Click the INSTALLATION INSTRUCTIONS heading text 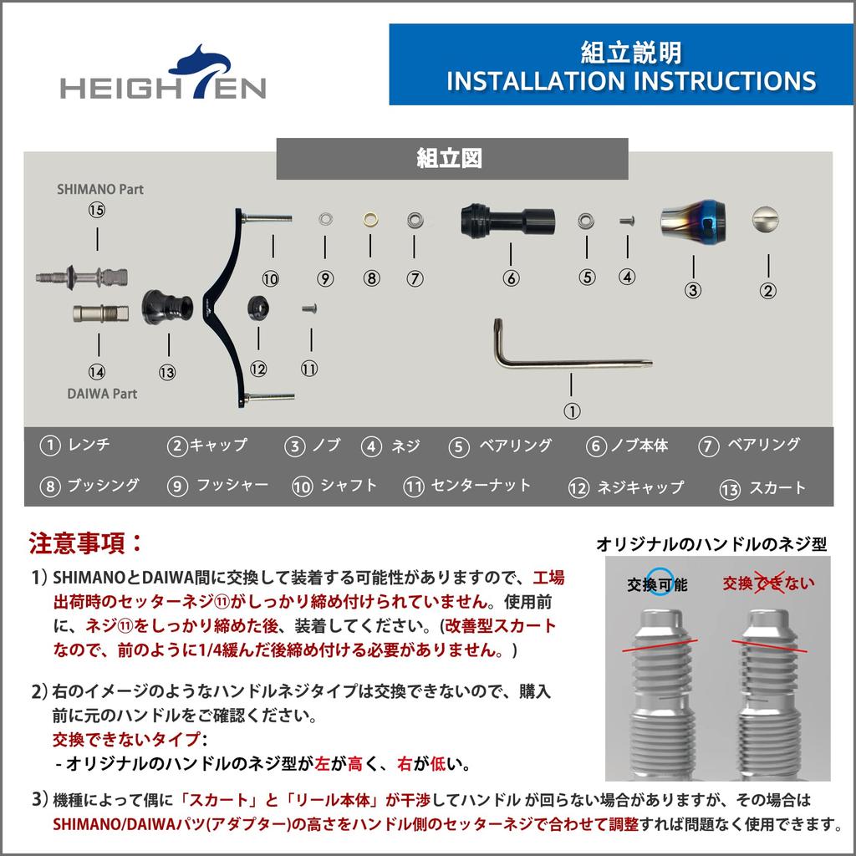coord(631,81)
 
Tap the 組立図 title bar coord(451,159)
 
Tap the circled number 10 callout coord(270,278)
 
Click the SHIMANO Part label coord(99,190)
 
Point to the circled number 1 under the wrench coord(572,410)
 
